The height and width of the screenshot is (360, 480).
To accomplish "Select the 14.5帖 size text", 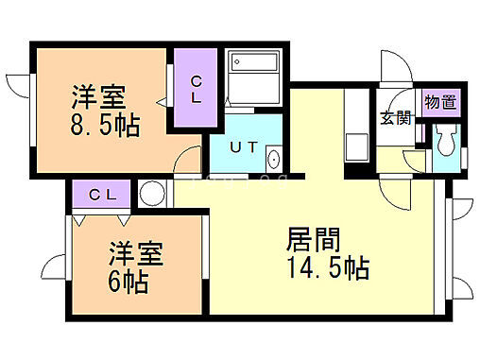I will coord(327,267).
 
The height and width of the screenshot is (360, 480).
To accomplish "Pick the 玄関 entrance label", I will coord(395,118).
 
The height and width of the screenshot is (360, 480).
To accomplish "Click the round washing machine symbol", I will coord(151,194).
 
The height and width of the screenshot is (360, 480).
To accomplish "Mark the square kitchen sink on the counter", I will coord(358,146).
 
